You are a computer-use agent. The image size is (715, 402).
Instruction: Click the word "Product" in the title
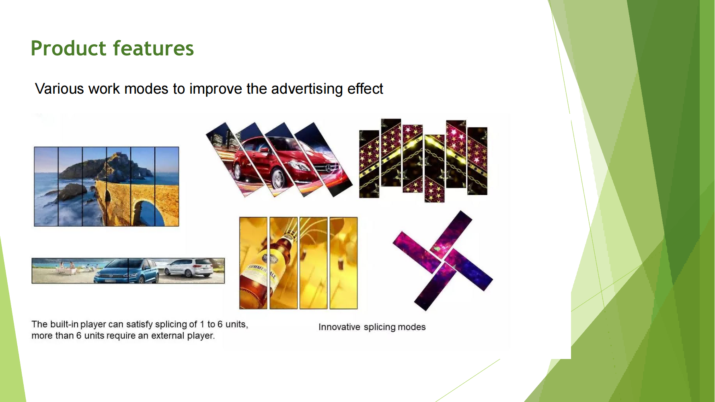point(68,48)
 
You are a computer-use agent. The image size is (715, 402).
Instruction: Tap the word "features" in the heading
point(153,48)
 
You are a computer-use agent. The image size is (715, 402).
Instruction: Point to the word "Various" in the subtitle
point(60,89)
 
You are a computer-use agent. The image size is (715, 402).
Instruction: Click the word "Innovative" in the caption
point(339,327)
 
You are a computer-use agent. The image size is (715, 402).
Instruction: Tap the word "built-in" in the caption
point(64,324)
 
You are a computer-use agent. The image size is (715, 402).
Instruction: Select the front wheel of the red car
point(277,178)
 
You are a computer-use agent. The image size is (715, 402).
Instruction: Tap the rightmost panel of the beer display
point(343,263)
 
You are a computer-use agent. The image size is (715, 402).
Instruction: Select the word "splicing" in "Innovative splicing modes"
point(380,327)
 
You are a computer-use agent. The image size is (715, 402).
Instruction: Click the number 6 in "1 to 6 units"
point(220,324)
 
